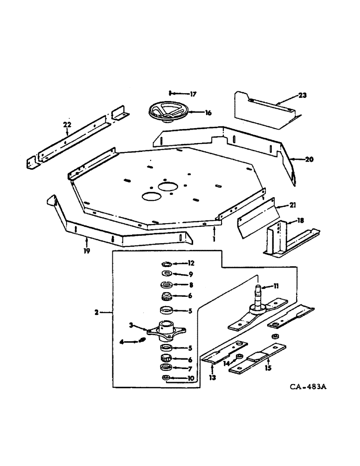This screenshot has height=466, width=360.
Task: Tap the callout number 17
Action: [193, 94]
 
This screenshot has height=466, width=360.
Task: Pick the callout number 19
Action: [87, 251]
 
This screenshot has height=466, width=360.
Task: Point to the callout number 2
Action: [96, 312]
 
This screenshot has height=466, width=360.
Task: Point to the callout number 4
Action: [122, 342]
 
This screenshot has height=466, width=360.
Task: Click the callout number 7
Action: [191, 369]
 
